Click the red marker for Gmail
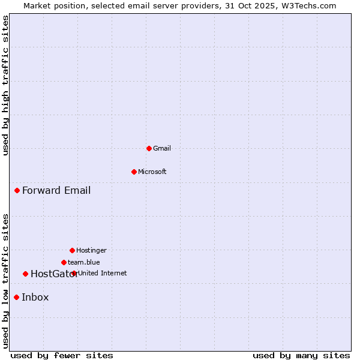click(149, 148)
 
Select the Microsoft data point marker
click(134, 172)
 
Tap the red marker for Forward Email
click(17, 191)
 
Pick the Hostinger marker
click(72, 250)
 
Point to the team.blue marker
click(64, 262)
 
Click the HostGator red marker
click(25, 274)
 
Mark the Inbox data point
click(16, 297)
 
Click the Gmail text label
click(162, 148)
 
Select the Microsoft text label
click(152, 172)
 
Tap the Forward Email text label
click(56, 191)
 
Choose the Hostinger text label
click(91, 250)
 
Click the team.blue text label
click(84, 262)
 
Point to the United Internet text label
click(103, 273)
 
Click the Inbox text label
click(35, 297)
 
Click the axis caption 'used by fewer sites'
click(62, 355)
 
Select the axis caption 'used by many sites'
click(301, 355)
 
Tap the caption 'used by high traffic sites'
click(5, 85)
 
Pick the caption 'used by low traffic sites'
click(5, 281)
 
